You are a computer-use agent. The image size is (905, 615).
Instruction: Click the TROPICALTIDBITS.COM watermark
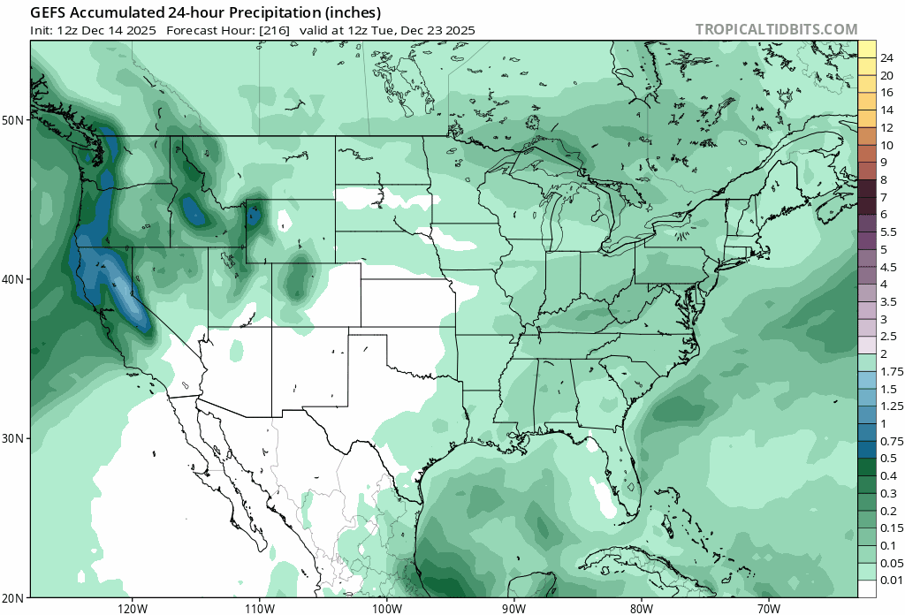(x=776, y=29)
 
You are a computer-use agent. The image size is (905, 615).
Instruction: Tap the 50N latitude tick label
(x=16, y=119)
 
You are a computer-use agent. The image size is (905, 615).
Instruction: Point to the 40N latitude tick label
(x=16, y=279)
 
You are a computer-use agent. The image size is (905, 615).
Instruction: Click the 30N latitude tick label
(x=16, y=438)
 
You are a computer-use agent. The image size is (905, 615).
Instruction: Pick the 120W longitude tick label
(x=132, y=608)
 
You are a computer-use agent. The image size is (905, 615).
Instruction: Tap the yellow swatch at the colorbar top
(x=867, y=49)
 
